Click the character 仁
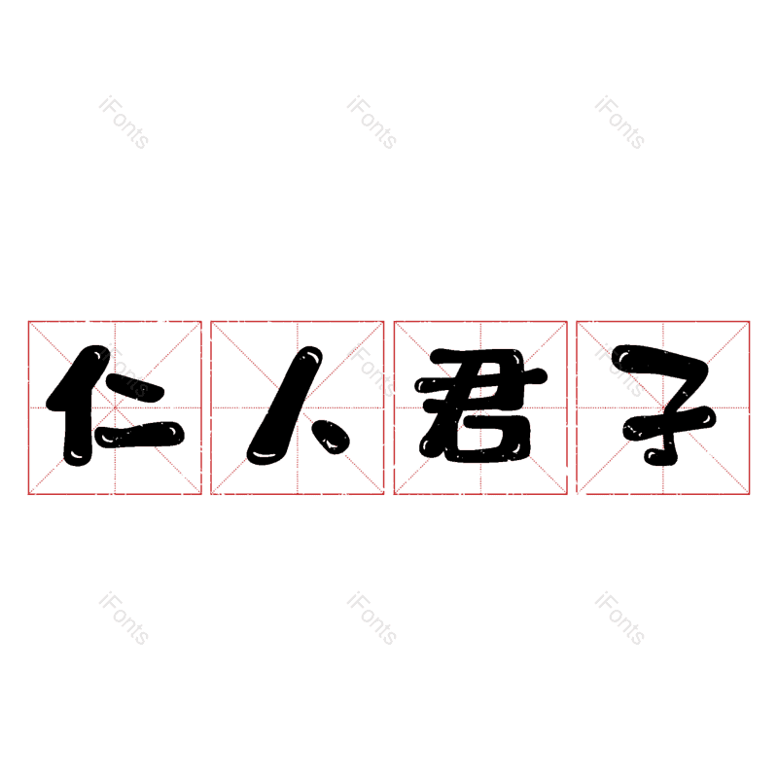pyautogui.click(x=115, y=407)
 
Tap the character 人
pyautogui.click(x=297, y=407)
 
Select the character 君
pyautogui.click(x=479, y=407)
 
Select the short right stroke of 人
pyautogui.click(x=336, y=441)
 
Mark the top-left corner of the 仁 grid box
pyautogui.click(x=28, y=321)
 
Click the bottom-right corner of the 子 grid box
pyautogui.click(x=750, y=494)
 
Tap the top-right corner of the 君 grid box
pyautogui.click(x=567, y=321)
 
